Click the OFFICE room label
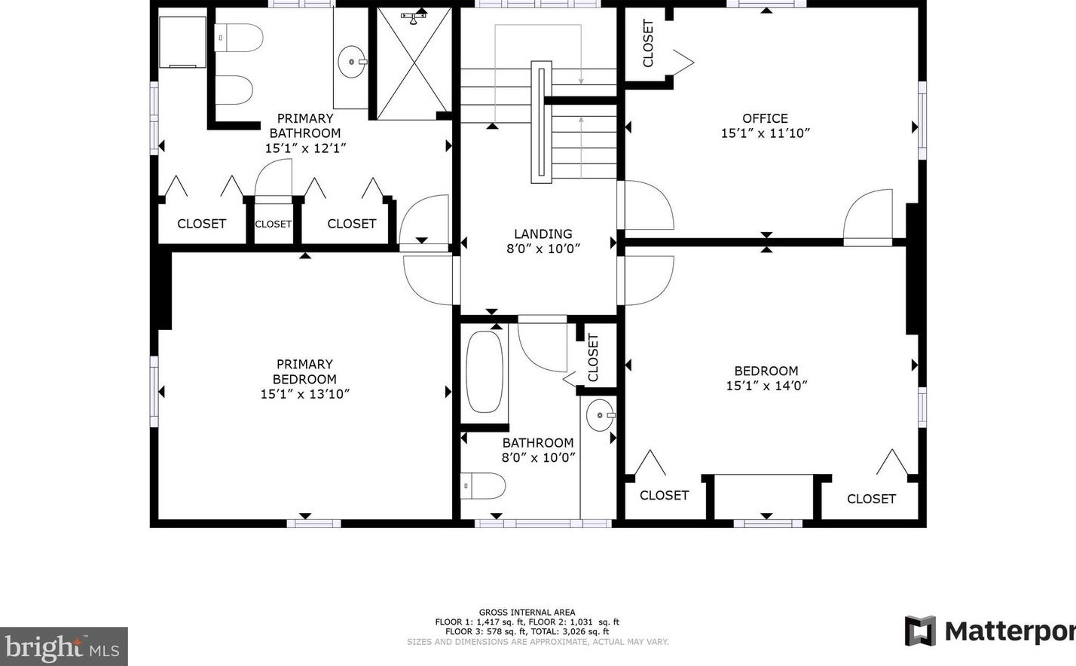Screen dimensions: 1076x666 click(x=766, y=118)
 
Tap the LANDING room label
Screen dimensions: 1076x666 click(x=543, y=234)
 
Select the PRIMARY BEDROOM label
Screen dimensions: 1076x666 click(x=304, y=371)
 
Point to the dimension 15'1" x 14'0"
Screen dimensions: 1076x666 click(x=766, y=386)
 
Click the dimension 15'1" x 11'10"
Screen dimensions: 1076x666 click(x=766, y=133)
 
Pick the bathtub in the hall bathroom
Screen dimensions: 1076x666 click(x=485, y=371)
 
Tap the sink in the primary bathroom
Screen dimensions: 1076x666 click(x=352, y=62)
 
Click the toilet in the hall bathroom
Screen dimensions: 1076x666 click(x=483, y=485)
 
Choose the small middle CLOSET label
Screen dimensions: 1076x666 click(x=273, y=224)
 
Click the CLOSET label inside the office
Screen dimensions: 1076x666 click(x=647, y=43)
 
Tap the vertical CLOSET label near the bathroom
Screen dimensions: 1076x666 click(x=593, y=358)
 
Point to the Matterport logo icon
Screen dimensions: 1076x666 click(x=920, y=631)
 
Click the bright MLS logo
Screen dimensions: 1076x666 click(x=63, y=646)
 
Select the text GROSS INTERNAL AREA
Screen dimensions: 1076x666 click(x=527, y=613)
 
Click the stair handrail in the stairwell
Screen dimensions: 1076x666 click(x=541, y=122)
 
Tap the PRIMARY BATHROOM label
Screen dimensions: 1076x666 click(x=305, y=125)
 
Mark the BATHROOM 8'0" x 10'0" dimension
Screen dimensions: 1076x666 click(x=538, y=457)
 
